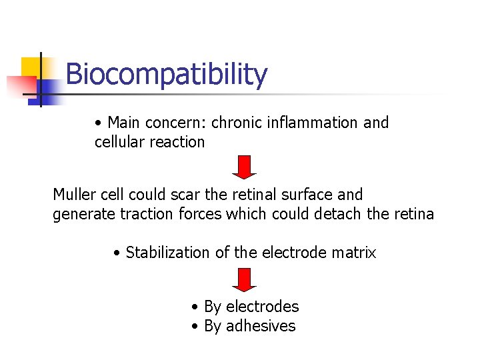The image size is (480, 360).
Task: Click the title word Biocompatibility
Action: pos(167,75)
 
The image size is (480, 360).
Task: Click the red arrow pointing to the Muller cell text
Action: pos(245,167)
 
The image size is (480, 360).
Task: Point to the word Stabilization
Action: pos(166,253)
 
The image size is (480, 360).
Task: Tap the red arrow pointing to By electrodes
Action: pos(245,279)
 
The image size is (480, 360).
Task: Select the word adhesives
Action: pos(261,326)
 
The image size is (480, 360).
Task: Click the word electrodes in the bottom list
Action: pos(263,307)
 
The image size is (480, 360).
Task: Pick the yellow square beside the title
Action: pos(32,67)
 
